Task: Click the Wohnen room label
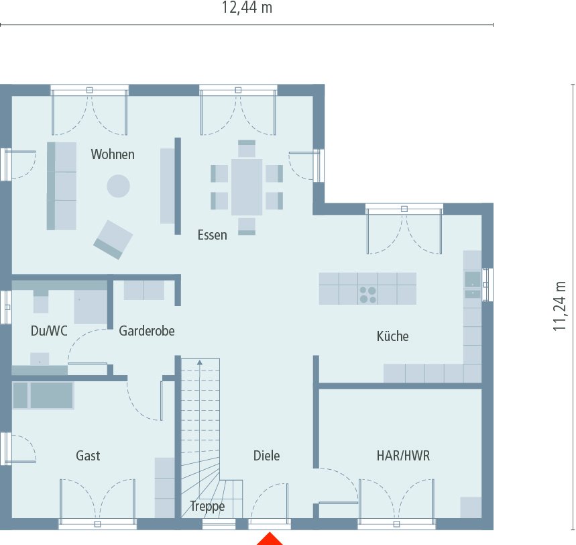113,154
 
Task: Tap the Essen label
212,235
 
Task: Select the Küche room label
392,336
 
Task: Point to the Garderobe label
147,331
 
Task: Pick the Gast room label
88,456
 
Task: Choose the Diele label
266,456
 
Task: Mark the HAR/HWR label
403,456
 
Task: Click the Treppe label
207,507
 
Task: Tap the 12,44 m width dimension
247,9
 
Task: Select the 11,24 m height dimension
559,305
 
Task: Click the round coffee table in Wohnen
119,186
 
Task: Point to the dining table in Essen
247,187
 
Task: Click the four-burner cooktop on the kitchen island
367,295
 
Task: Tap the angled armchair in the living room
113,239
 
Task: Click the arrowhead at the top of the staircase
199,363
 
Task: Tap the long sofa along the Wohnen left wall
61,186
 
